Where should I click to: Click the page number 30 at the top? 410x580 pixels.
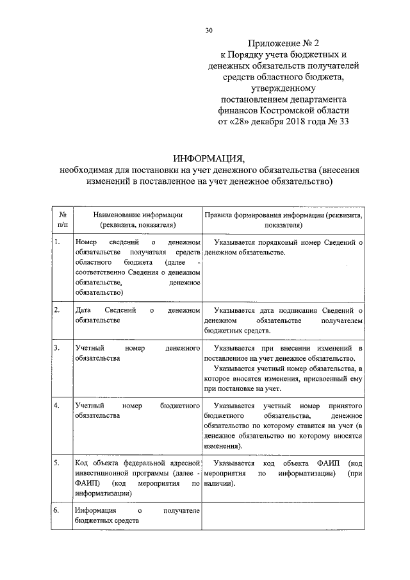coord(208,30)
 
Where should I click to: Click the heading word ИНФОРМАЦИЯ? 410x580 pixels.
coord(209,158)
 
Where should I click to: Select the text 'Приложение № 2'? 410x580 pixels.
coord(284,44)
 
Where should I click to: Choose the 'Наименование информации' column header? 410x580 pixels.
coord(137,220)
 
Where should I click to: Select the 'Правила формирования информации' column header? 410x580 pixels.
coord(283,220)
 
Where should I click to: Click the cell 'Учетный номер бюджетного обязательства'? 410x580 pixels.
coord(137,411)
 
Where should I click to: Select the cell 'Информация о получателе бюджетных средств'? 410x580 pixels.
coord(137,516)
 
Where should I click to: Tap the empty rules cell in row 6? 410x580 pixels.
coord(283,517)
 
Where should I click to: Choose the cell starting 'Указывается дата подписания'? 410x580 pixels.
coord(283,320)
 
